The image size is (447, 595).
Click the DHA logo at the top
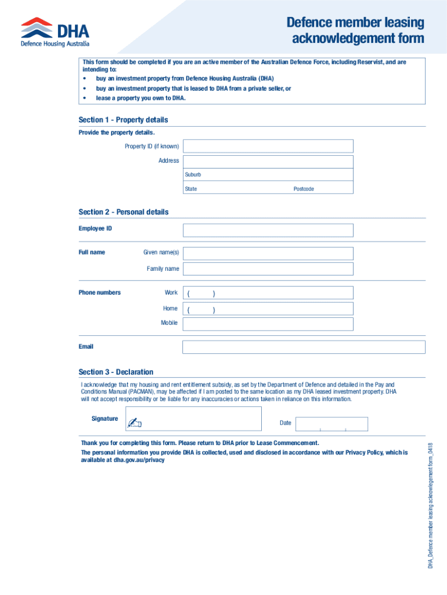pyautogui.click(x=55, y=32)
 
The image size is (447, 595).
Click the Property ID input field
pyautogui.click(x=268, y=146)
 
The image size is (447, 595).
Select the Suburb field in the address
pyautogui.click(x=268, y=175)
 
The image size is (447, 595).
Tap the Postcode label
pyautogui.click(x=304, y=189)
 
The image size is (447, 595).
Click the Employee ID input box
pyautogui.click(x=268, y=230)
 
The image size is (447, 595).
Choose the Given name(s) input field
pyautogui.click(x=268, y=253)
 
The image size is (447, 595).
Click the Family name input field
pyautogui.click(x=268, y=268)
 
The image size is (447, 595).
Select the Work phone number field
pyautogui.click(x=268, y=293)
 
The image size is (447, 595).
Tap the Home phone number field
pyautogui.click(x=268, y=309)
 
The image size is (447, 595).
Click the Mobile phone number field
pyautogui.click(x=268, y=324)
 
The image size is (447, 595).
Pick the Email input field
pyautogui.click(x=304, y=347)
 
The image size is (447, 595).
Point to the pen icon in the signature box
pyautogui.click(x=135, y=422)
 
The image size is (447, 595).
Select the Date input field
pyautogui.click(x=331, y=424)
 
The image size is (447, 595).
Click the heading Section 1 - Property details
pyautogui.click(x=123, y=120)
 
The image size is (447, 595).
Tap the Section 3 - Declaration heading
pyautogui.click(x=116, y=372)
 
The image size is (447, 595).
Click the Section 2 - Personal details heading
pyautogui.click(x=124, y=212)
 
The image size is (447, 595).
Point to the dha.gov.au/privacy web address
pyautogui.click(x=139, y=460)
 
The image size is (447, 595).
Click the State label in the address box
pyautogui.click(x=191, y=189)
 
